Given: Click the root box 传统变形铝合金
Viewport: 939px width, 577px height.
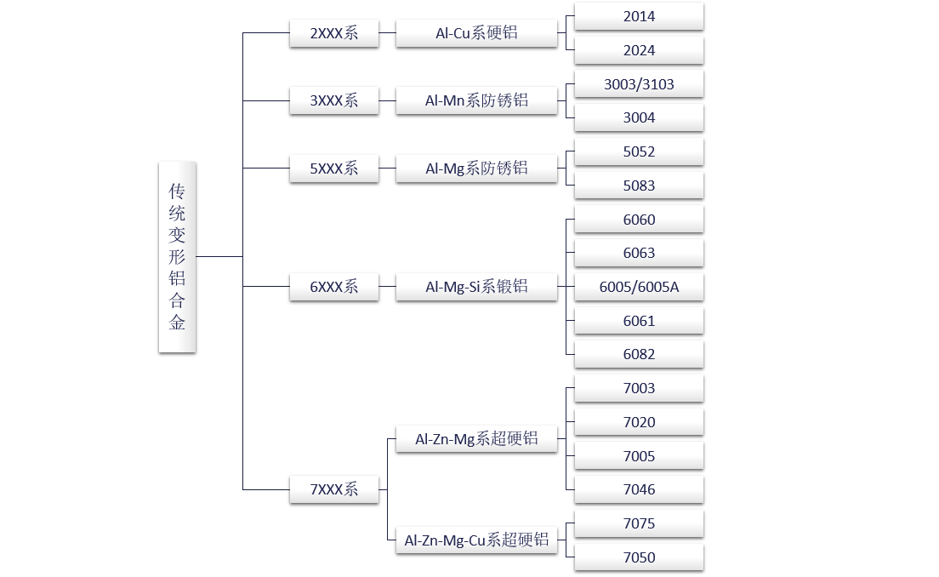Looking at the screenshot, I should point(177,256).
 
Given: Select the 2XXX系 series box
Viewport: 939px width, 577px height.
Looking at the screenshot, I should point(333,33).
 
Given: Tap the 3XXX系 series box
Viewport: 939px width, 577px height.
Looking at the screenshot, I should point(333,100).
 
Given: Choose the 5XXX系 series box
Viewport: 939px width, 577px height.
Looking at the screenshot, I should point(333,169).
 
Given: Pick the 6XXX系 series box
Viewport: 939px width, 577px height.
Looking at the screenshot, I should point(333,287).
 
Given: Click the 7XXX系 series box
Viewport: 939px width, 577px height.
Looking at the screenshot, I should point(333,489).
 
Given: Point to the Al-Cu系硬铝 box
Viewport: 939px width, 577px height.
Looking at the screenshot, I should point(476,33).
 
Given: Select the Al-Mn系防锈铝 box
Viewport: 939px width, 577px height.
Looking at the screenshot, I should point(476,100).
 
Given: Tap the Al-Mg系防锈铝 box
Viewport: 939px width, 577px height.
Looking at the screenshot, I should point(476,169).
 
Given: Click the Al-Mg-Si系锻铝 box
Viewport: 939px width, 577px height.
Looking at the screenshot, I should point(476,287).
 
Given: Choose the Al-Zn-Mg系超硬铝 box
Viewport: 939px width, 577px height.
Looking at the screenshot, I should point(476,439).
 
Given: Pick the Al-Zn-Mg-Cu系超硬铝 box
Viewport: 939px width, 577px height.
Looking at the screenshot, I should point(476,540).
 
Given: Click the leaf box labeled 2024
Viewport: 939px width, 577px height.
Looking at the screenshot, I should point(639,50).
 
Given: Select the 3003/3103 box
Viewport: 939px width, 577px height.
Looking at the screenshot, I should point(639,84).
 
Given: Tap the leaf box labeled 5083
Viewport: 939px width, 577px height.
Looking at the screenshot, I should point(639,186).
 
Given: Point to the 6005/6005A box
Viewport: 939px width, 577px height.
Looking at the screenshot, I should point(639,287).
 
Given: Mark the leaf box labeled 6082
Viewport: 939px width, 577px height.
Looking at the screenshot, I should point(639,354).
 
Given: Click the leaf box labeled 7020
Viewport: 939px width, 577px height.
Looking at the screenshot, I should point(639,422).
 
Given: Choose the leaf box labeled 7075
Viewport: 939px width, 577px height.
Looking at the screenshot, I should point(639,523).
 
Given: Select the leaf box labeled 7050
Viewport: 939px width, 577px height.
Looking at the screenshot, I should point(639,557).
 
